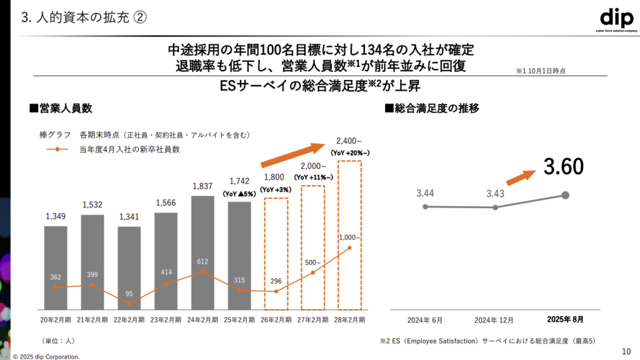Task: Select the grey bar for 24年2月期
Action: pos(202,252)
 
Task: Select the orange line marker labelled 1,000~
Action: pos(349,248)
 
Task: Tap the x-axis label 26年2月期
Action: pos(276,319)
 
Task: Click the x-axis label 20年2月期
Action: pos(56,319)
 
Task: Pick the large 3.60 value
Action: pos(563,166)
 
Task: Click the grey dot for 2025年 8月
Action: pos(566,195)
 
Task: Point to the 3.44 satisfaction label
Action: pos(425,192)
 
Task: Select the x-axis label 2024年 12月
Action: pos(495,320)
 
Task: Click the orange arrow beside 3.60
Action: pos(522,176)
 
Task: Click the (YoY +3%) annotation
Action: pos(276,189)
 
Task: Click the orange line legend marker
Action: pos(57,149)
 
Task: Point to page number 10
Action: pos(626,351)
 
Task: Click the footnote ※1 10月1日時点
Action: pos(541,71)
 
